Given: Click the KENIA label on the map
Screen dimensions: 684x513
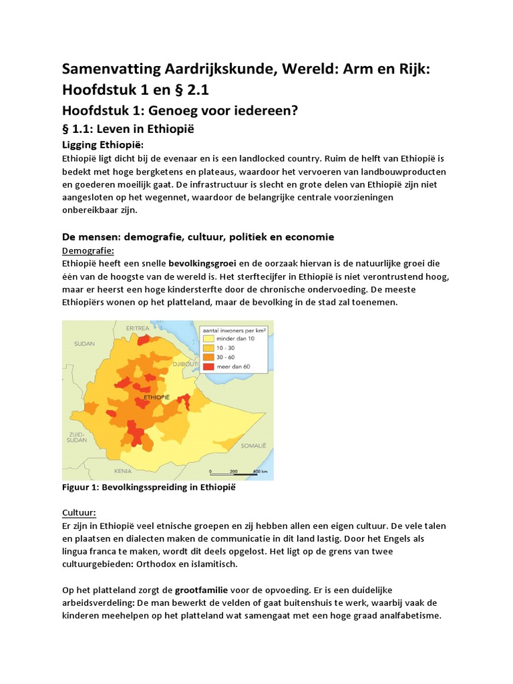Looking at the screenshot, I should click(x=123, y=471).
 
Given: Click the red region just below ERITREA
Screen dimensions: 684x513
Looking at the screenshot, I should click(x=144, y=340).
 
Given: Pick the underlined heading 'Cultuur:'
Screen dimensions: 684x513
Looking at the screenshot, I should click(x=79, y=512).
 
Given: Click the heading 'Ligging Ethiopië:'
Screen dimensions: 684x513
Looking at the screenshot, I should click(x=103, y=145).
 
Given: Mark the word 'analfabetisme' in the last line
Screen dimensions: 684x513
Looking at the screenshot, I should click(x=408, y=616).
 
